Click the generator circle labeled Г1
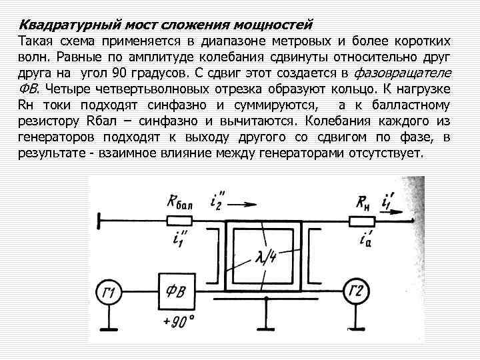tap(111, 291)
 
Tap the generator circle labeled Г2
tap(358, 291)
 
